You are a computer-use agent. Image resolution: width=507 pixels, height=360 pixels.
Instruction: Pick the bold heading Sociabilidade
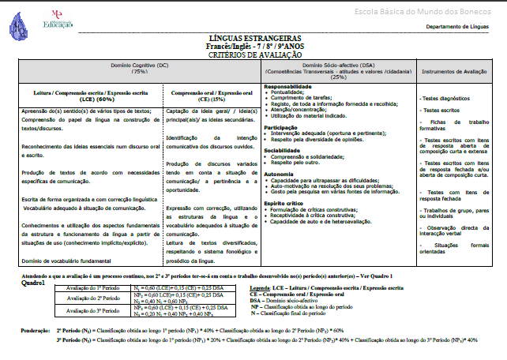pos(287,148)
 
